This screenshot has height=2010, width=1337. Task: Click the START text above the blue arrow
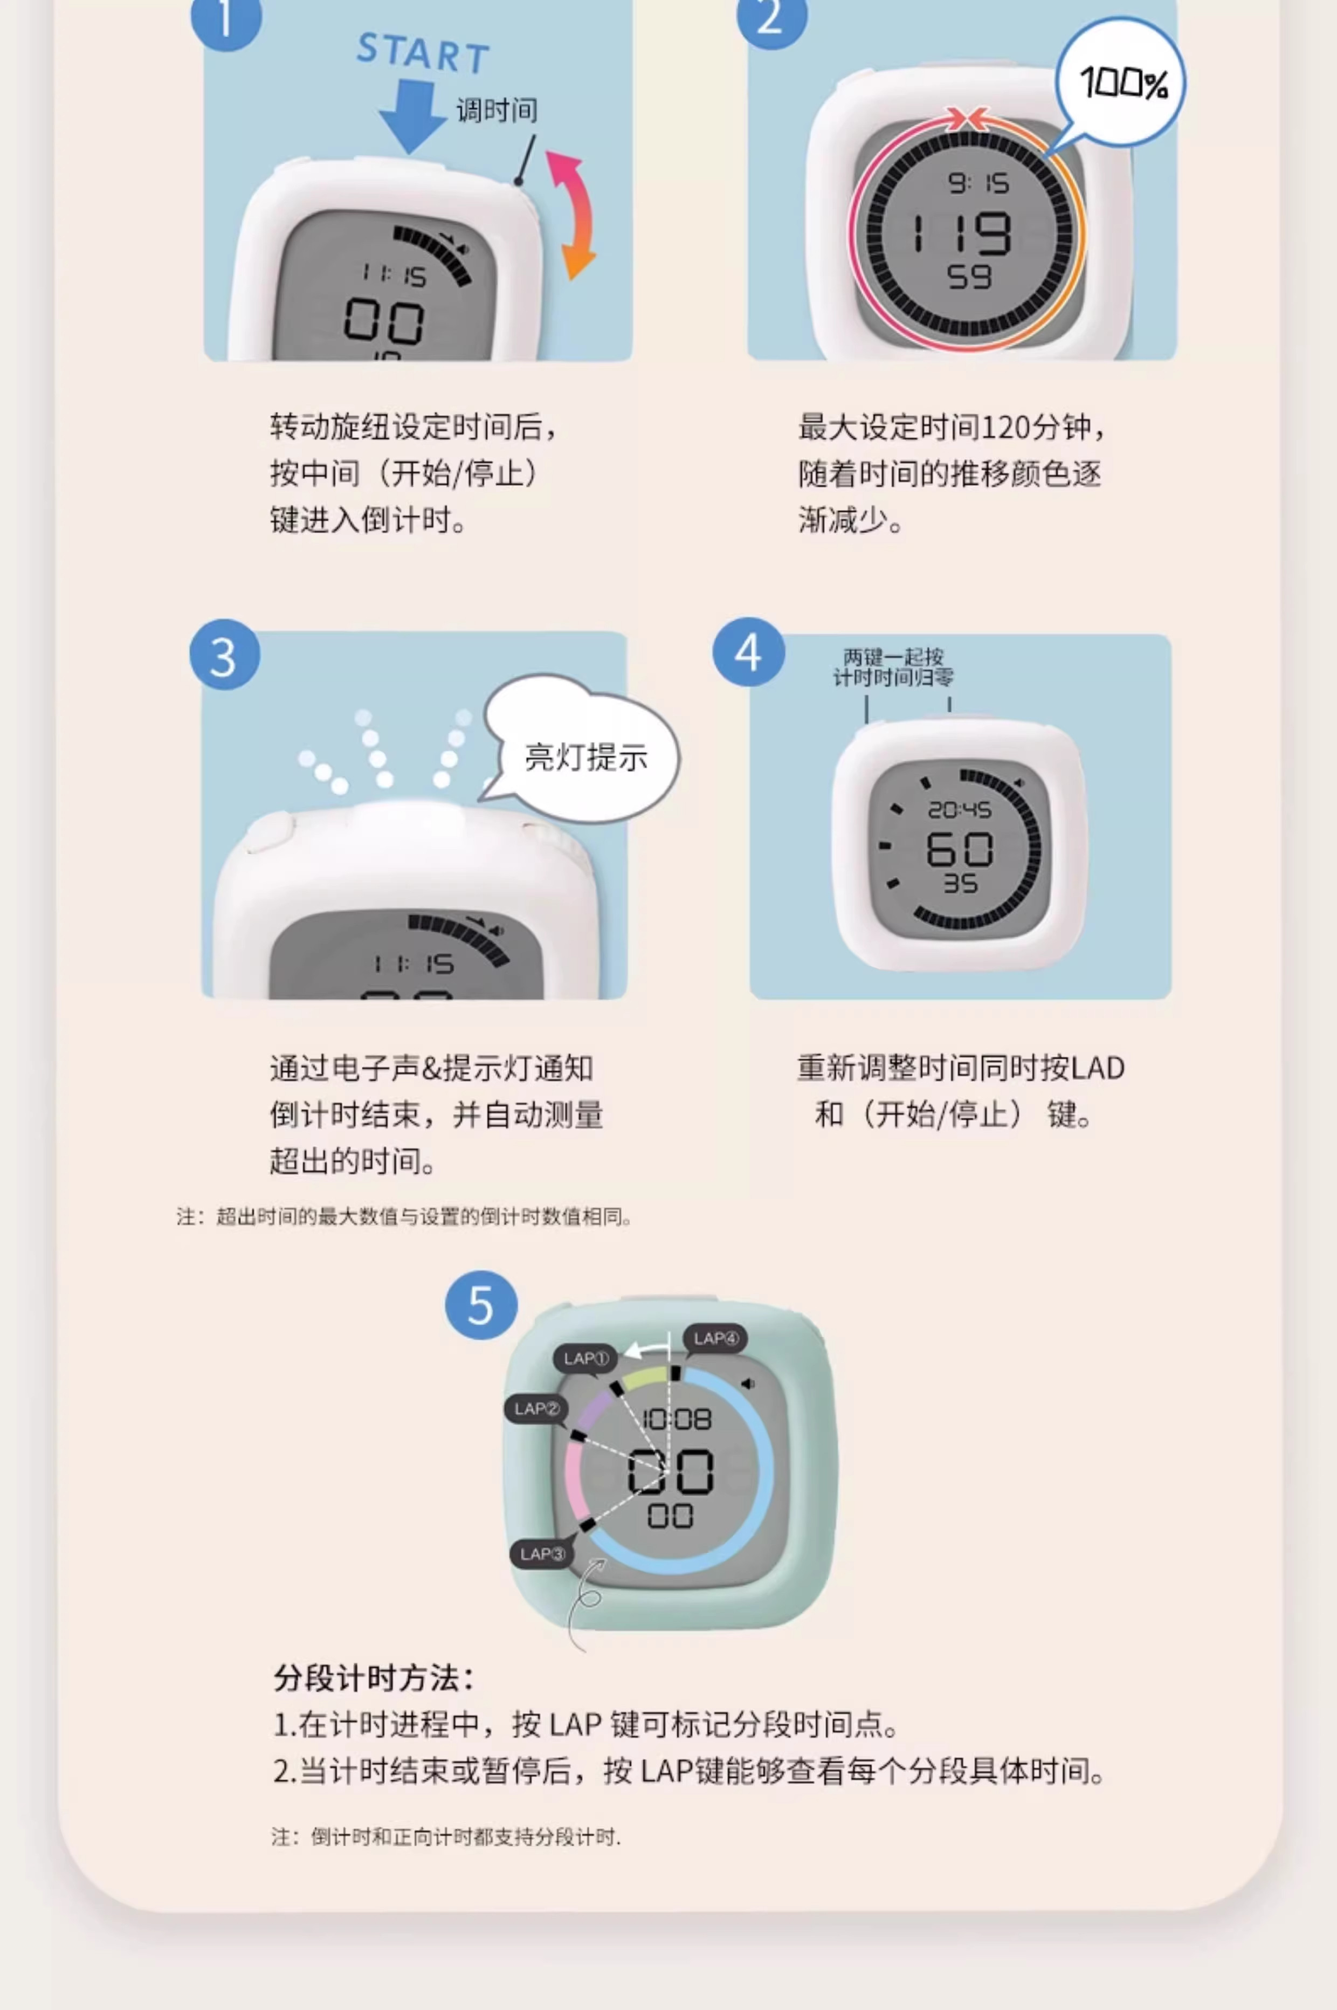coord(423,53)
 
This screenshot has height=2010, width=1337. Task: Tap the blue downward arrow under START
coord(413,116)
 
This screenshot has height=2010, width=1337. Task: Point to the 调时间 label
coord(497,110)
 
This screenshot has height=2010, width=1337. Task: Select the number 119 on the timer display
coord(962,233)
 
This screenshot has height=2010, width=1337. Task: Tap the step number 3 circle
coord(224,655)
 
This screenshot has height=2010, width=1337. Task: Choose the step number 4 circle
coord(748,652)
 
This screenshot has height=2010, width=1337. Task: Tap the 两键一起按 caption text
coord(893,657)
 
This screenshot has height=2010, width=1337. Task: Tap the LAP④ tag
coord(715,1338)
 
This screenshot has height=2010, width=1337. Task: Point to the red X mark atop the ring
coord(968,118)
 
